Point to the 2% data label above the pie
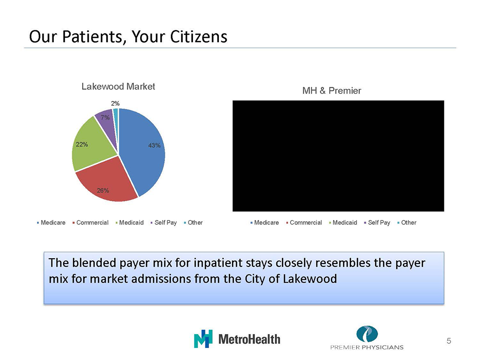point(115,104)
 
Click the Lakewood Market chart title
point(118,86)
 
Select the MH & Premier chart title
point(332,91)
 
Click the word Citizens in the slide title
point(199,37)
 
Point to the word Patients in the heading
point(94,37)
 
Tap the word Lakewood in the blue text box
point(310,278)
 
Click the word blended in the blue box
point(95,263)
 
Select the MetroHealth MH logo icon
point(203,339)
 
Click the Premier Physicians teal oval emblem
point(367,334)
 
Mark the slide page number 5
point(449,341)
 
